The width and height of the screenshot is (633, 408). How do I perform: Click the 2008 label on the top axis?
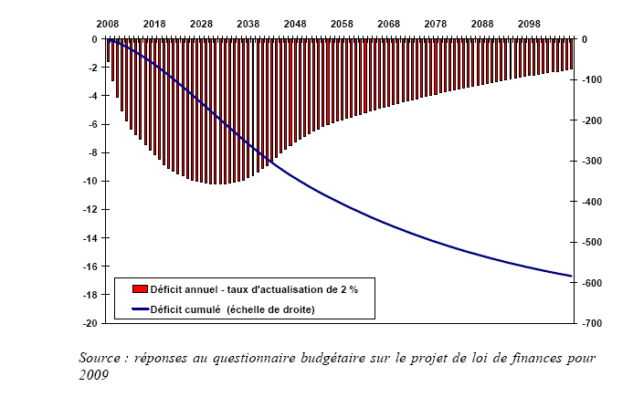click(109, 22)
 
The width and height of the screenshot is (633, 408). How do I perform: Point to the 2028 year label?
click(202, 22)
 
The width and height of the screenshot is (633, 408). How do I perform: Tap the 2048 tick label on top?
click(295, 22)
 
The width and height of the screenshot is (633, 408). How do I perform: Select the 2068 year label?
click(389, 22)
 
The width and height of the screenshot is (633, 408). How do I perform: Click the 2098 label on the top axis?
click(529, 22)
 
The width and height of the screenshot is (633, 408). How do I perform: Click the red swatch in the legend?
click(140, 289)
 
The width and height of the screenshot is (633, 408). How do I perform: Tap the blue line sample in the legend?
click(140, 308)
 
